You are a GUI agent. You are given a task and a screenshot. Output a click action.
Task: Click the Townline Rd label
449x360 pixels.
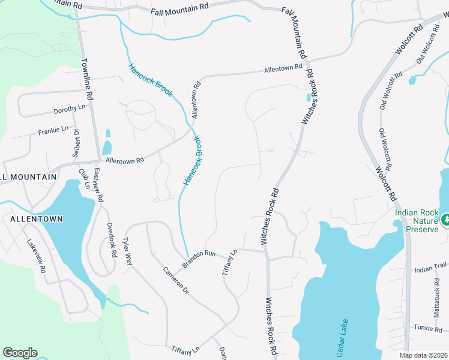coord(88,79)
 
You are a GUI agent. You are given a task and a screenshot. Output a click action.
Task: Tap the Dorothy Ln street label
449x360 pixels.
coord(70,109)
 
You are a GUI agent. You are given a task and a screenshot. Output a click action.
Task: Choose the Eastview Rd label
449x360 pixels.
coord(99,185)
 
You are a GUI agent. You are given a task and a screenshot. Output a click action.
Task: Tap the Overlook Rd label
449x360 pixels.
coord(112,241)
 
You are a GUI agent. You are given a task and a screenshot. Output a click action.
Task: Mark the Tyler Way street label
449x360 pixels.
coord(127,251)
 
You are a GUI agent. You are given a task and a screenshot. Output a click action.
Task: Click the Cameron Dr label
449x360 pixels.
coord(176,280)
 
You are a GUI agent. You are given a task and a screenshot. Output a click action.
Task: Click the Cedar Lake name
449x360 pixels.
coord(340,338)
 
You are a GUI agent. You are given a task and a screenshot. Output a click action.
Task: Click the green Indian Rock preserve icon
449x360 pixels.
coord(445,220)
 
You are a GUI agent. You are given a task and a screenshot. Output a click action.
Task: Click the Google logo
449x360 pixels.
coord(20,353)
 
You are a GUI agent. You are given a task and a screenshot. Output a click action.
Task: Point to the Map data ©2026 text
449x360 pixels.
coord(423,356)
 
